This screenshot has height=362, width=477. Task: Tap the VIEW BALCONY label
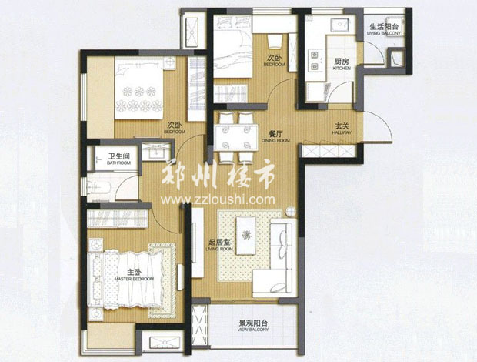click(x=252, y=334)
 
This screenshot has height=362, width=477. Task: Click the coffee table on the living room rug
click(x=246, y=233)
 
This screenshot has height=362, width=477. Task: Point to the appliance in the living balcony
click(x=398, y=58)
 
